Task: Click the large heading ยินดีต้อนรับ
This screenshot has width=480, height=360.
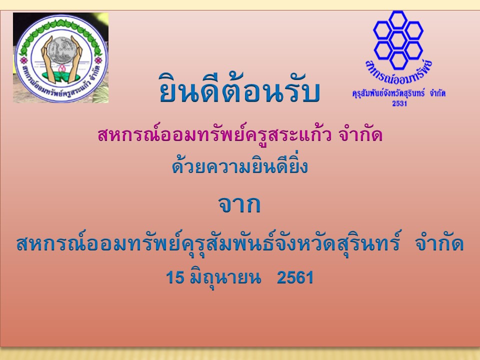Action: (239, 89)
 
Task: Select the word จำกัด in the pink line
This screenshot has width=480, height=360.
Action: (360, 134)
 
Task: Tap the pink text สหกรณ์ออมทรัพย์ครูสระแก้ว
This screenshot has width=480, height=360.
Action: (214, 134)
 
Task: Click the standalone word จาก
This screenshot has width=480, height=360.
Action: (239, 205)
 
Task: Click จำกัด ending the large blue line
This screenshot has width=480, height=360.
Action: (439, 244)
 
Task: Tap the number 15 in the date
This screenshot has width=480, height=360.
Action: (175, 277)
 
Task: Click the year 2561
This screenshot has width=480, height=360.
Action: (295, 277)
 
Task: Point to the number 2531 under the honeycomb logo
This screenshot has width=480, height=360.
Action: (399, 103)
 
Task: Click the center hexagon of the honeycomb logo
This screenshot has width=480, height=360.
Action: (398, 40)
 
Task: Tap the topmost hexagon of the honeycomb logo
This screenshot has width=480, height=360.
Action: (398, 20)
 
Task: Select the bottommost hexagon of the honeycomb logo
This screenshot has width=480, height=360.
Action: (398, 60)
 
